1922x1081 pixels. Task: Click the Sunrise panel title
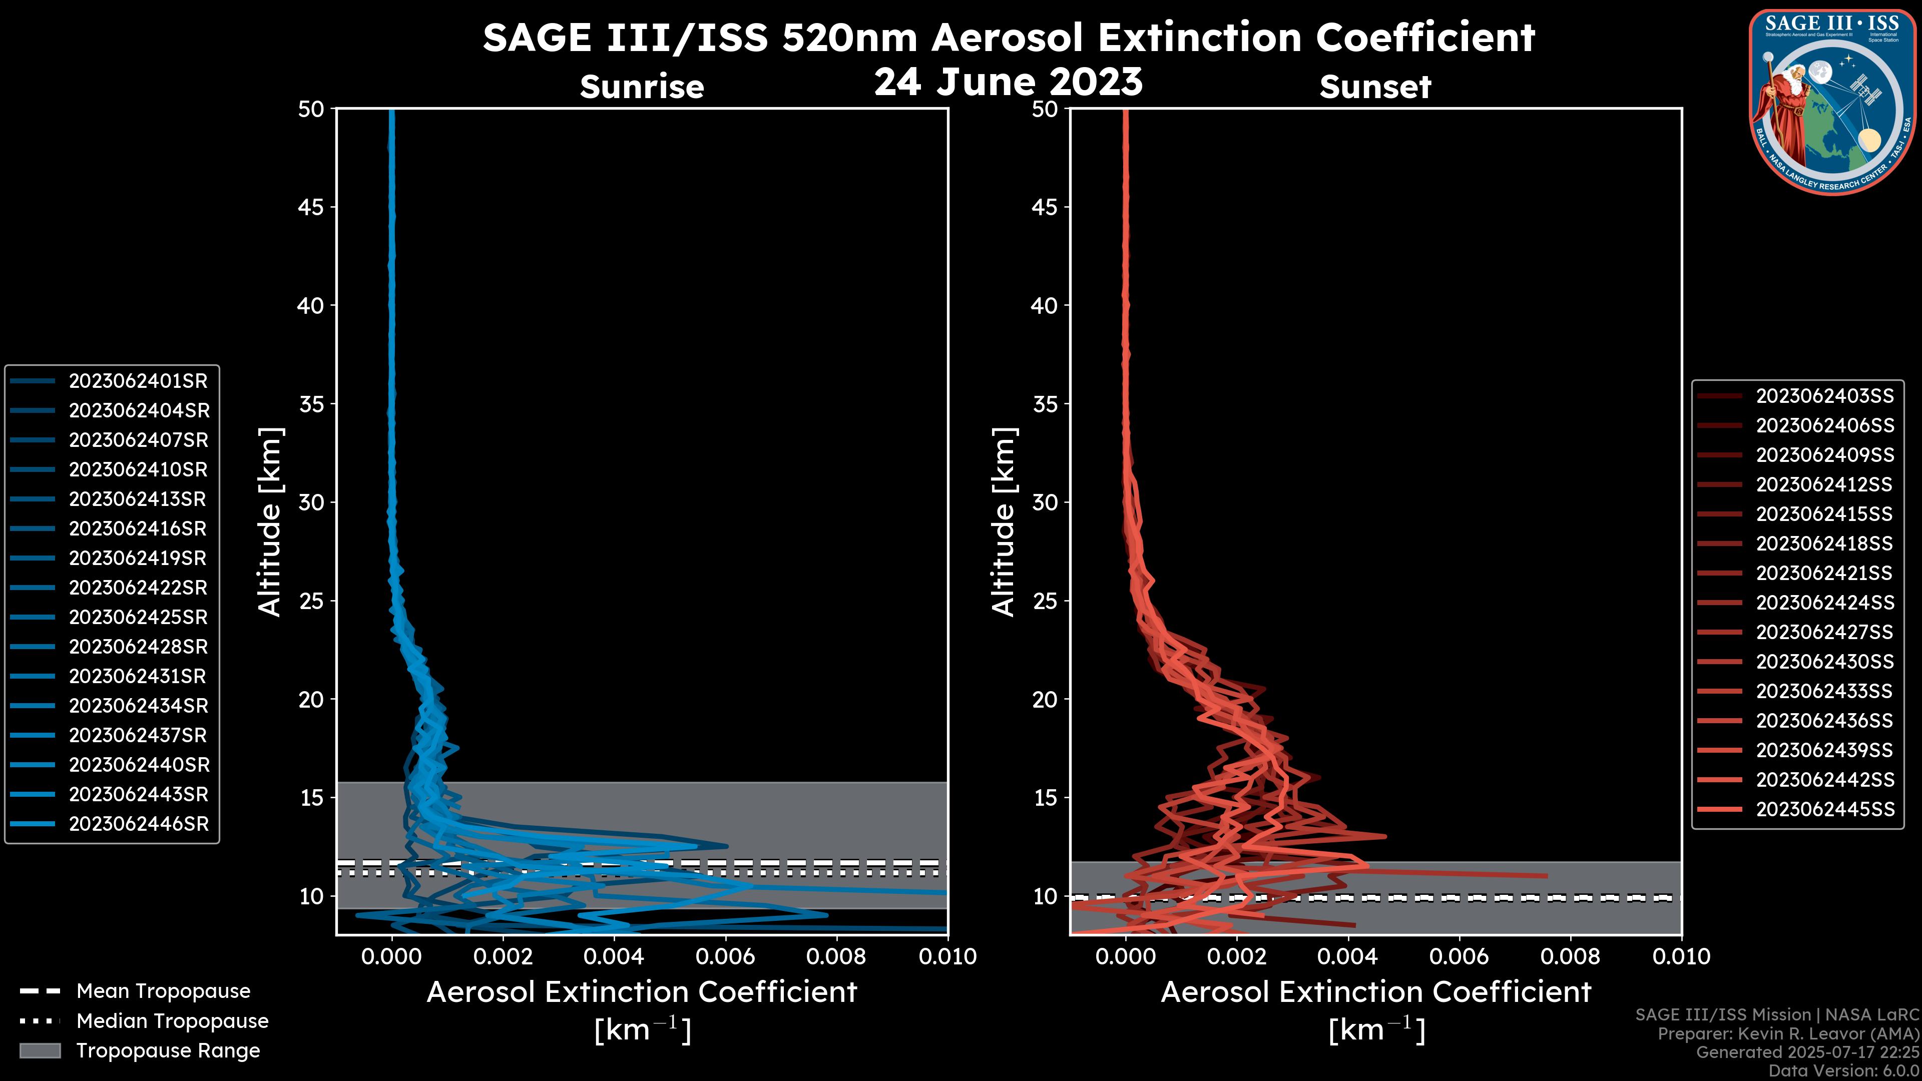click(x=642, y=87)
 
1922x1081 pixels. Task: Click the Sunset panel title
click(x=1375, y=87)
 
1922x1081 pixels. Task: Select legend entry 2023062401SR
click(x=138, y=381)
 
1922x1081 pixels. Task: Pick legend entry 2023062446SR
click(x=139, y=824)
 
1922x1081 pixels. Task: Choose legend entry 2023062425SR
click(x=138, y=618)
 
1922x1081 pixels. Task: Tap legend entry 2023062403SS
click(x=1825, y=396)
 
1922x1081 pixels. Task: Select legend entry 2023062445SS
click(x=1825, y=809)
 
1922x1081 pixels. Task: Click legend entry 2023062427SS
click(x=1824, y=633)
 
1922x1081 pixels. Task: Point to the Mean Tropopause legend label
click(x=163, y=991)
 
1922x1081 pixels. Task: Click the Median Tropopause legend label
click(x=172, y=1021)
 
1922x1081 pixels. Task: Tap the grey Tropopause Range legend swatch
click(x=40, y=1051)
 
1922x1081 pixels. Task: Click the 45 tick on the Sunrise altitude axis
click(x=311, y=207)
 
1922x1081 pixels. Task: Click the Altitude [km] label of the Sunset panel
click(x=1004, y=522)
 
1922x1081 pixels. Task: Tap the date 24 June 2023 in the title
click(x=1008, y=82)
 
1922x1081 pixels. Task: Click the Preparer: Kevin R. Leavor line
click(x=1788, y=1034)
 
